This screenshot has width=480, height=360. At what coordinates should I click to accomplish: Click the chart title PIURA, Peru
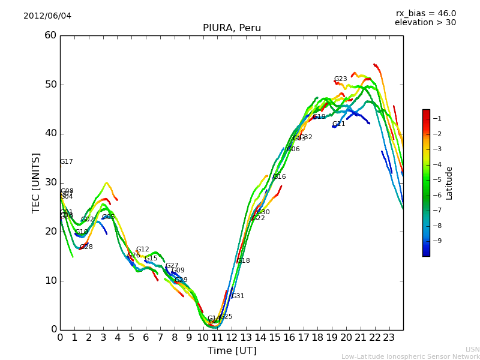coord(232,28)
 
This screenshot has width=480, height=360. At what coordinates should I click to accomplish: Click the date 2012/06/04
coord(47,16)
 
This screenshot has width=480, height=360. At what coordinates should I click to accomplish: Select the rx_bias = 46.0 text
coord(425,14)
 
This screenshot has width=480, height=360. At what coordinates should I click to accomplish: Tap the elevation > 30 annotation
coord(425,23)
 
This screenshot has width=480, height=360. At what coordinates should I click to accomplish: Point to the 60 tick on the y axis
coord(50,35)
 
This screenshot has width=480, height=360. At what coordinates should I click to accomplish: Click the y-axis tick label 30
coord(50,182)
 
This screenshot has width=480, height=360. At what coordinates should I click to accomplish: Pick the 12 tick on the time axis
coord(232,338)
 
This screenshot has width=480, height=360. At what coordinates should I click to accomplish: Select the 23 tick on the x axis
coord(389,338)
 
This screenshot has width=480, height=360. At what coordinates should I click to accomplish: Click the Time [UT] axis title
coord(232,351)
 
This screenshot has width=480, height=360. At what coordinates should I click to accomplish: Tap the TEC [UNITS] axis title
coord(37,182)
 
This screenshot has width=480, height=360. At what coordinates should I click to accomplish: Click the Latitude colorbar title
coord(449,183)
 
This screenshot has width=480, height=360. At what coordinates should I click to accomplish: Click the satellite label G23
coord(341,79)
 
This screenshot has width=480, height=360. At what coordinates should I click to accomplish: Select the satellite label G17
coord(67,162)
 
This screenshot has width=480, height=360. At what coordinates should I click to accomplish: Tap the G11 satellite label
coord(339,124)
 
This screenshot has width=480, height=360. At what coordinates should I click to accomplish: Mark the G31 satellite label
coord(238,296)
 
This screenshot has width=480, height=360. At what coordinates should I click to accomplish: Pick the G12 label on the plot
coord(143,250)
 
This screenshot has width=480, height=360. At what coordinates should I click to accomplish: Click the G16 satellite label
coord(280,177)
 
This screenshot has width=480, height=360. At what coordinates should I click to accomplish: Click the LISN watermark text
coord(472,350)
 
